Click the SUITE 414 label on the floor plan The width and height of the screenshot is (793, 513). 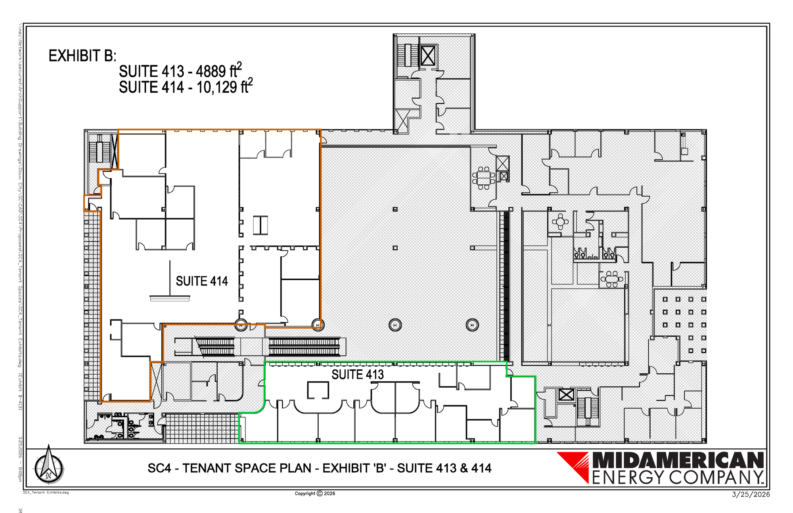click(x=202, y=281)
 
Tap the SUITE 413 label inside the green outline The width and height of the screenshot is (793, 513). click(x=358, y=374)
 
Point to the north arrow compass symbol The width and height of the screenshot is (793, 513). click(x=49, y=465)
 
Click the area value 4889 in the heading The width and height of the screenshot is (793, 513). click(x=211, y=72)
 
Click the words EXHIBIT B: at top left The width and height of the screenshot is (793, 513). click(x=82, y=56)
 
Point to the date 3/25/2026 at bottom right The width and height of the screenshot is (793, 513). click(x=751, y=494)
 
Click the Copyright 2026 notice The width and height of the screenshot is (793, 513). click(x=315, y=494)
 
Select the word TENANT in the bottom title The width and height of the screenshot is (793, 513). click(x=207, y=468)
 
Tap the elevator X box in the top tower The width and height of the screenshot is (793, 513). click(x=428, y=56)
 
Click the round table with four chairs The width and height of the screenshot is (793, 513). click(x=560, y=222)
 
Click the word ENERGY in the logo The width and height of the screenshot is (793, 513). click(x=629, y=477)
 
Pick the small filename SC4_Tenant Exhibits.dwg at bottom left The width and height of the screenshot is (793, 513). click(x=46, y=492)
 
